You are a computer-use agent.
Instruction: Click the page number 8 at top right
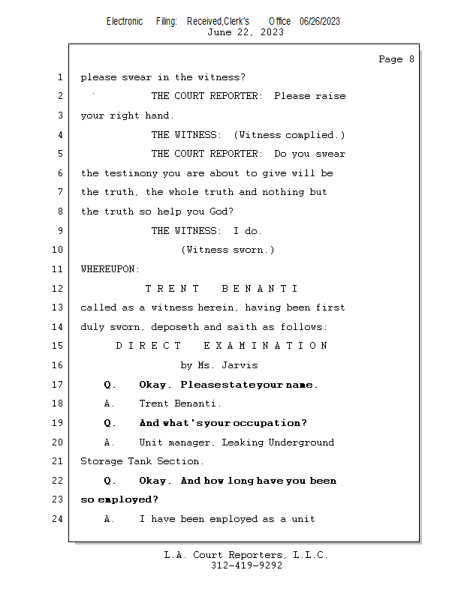click(411, 59)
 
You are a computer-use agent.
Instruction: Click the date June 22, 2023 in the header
click(246, 32)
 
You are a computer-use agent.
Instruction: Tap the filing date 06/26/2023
click(320, 21)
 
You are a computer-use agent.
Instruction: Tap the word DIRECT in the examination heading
click(149, 346)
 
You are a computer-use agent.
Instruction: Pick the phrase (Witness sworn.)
click(227, 250)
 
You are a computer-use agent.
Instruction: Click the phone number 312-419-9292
click(246, 565)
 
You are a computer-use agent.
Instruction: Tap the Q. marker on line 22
click(110, 481)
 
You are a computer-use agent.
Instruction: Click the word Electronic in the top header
click(125, 21)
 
